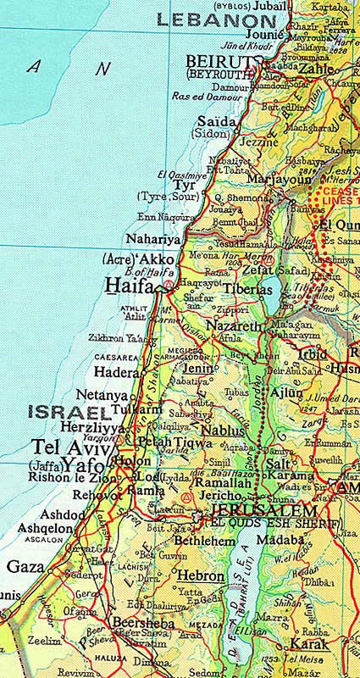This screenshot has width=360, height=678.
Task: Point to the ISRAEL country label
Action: tap(69, 413)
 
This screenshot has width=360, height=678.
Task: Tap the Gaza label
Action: tap(25, 566)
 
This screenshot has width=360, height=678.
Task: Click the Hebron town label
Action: tap(201, 575)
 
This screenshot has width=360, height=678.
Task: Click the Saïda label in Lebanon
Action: tap(216, 122)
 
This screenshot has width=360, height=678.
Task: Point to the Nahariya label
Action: tap(153, 239)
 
